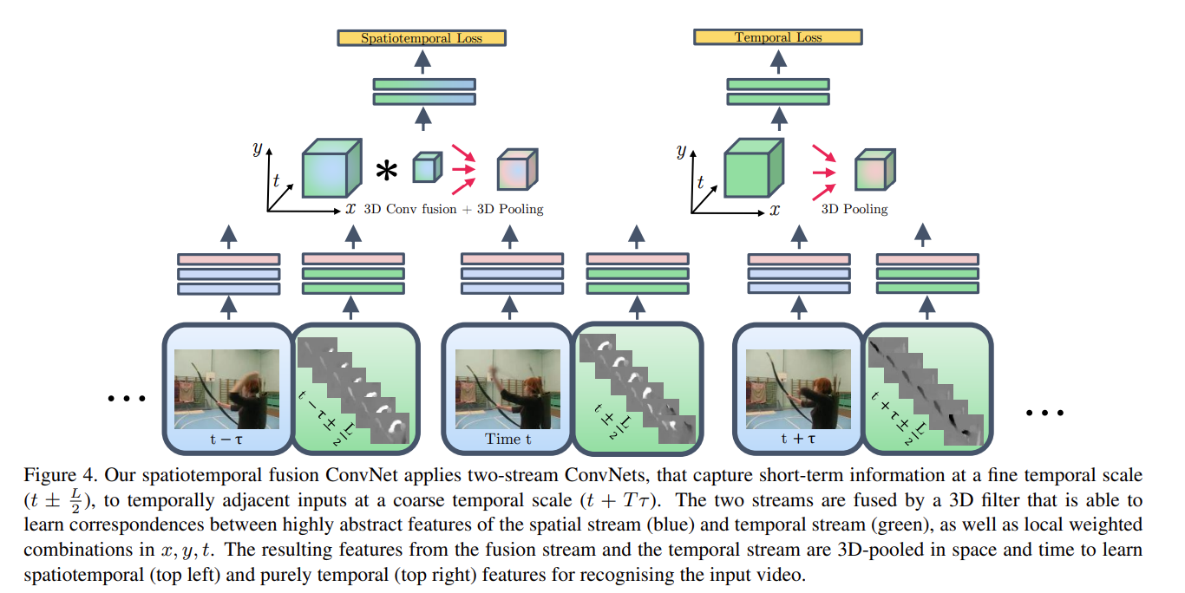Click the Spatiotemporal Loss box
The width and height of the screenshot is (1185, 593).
(x=422, y=38)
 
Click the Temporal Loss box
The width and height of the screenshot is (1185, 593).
(x=778, y=38)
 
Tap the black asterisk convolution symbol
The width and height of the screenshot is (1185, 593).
(x=386, y=172)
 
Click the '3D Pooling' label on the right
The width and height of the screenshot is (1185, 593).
(x=854, y=209)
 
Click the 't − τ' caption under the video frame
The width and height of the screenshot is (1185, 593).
(x=226, y=439)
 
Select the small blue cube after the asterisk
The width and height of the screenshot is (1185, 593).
(x=426, y=166)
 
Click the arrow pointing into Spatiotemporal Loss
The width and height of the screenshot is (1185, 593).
(x=422, y=61)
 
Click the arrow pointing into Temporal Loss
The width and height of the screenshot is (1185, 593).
(x=778, y=61)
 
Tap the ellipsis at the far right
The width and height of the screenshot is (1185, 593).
(x=1044, y=413)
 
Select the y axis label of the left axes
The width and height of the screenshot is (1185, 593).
(x=257, y=148)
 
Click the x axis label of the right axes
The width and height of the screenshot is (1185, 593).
(x=775, y=209)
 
